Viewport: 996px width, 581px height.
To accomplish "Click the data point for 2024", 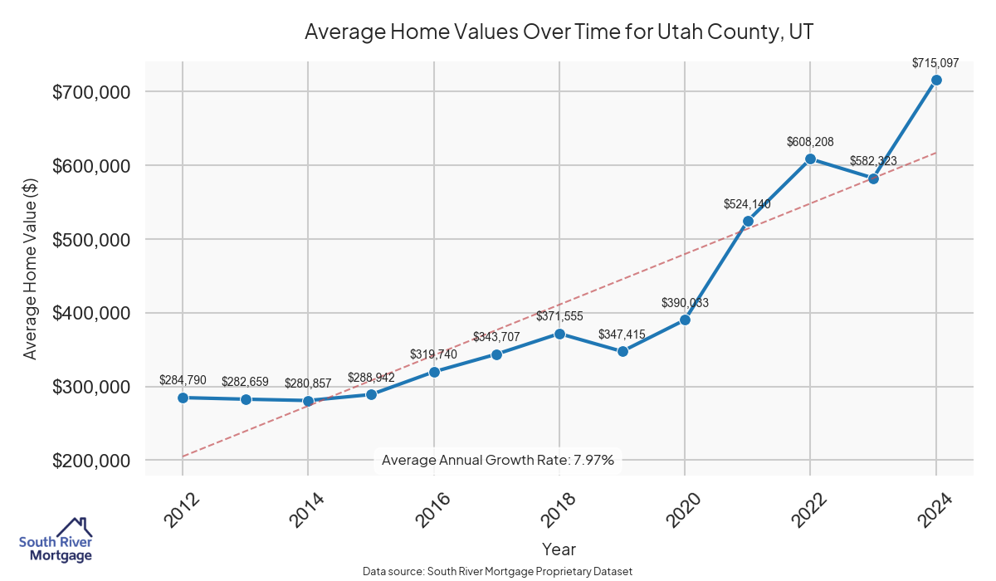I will [x=936, y=80].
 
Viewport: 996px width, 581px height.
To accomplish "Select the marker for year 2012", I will [x=183, y=398].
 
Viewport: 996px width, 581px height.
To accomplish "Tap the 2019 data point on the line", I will [x=622, y=351].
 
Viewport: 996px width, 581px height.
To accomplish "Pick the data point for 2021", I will [x=748, y=221].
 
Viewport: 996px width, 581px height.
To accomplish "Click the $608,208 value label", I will [x=810, y=142].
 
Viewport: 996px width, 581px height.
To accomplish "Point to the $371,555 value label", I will [x=559, y=317].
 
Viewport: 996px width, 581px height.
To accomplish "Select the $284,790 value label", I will [x=183, y=381].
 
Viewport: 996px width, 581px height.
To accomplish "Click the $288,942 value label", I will [x=371, y=378].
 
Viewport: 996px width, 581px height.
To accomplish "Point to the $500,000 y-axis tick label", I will [x=91, y=240].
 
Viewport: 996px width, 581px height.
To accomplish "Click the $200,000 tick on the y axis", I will [x=91, y=461].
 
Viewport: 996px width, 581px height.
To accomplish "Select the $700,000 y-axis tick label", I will [x=91, y=92].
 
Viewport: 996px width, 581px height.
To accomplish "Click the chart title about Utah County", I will [x=559, y=32].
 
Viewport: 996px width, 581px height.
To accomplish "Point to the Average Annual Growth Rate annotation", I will [x=497, y=460].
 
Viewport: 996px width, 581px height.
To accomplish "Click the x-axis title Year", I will [x=559, y=549].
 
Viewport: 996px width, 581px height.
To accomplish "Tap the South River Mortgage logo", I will [x=56, y=540].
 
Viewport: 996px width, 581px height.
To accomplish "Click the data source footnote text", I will [x=498, y=572].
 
